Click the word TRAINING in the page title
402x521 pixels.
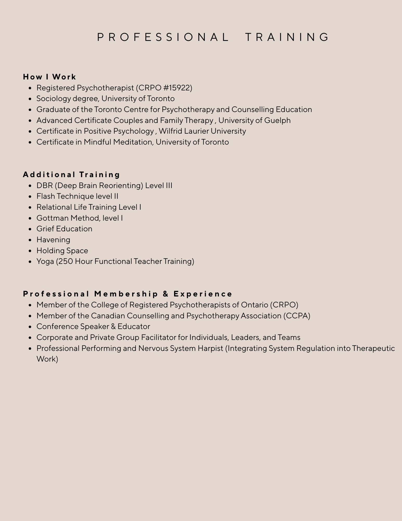tap(287, 37)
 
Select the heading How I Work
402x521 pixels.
tap(49, 77)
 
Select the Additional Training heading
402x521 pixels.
tap(72, 175)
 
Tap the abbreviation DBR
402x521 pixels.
tap(44, 185)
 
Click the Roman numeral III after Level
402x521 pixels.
tap(169, 185)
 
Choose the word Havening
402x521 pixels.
tap(53, 240)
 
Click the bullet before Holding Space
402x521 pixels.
tap(31, 251)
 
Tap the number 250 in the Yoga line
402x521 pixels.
tap(65, 261)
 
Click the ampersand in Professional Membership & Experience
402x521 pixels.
tap(166, 294)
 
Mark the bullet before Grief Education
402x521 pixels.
tap(31, 229)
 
